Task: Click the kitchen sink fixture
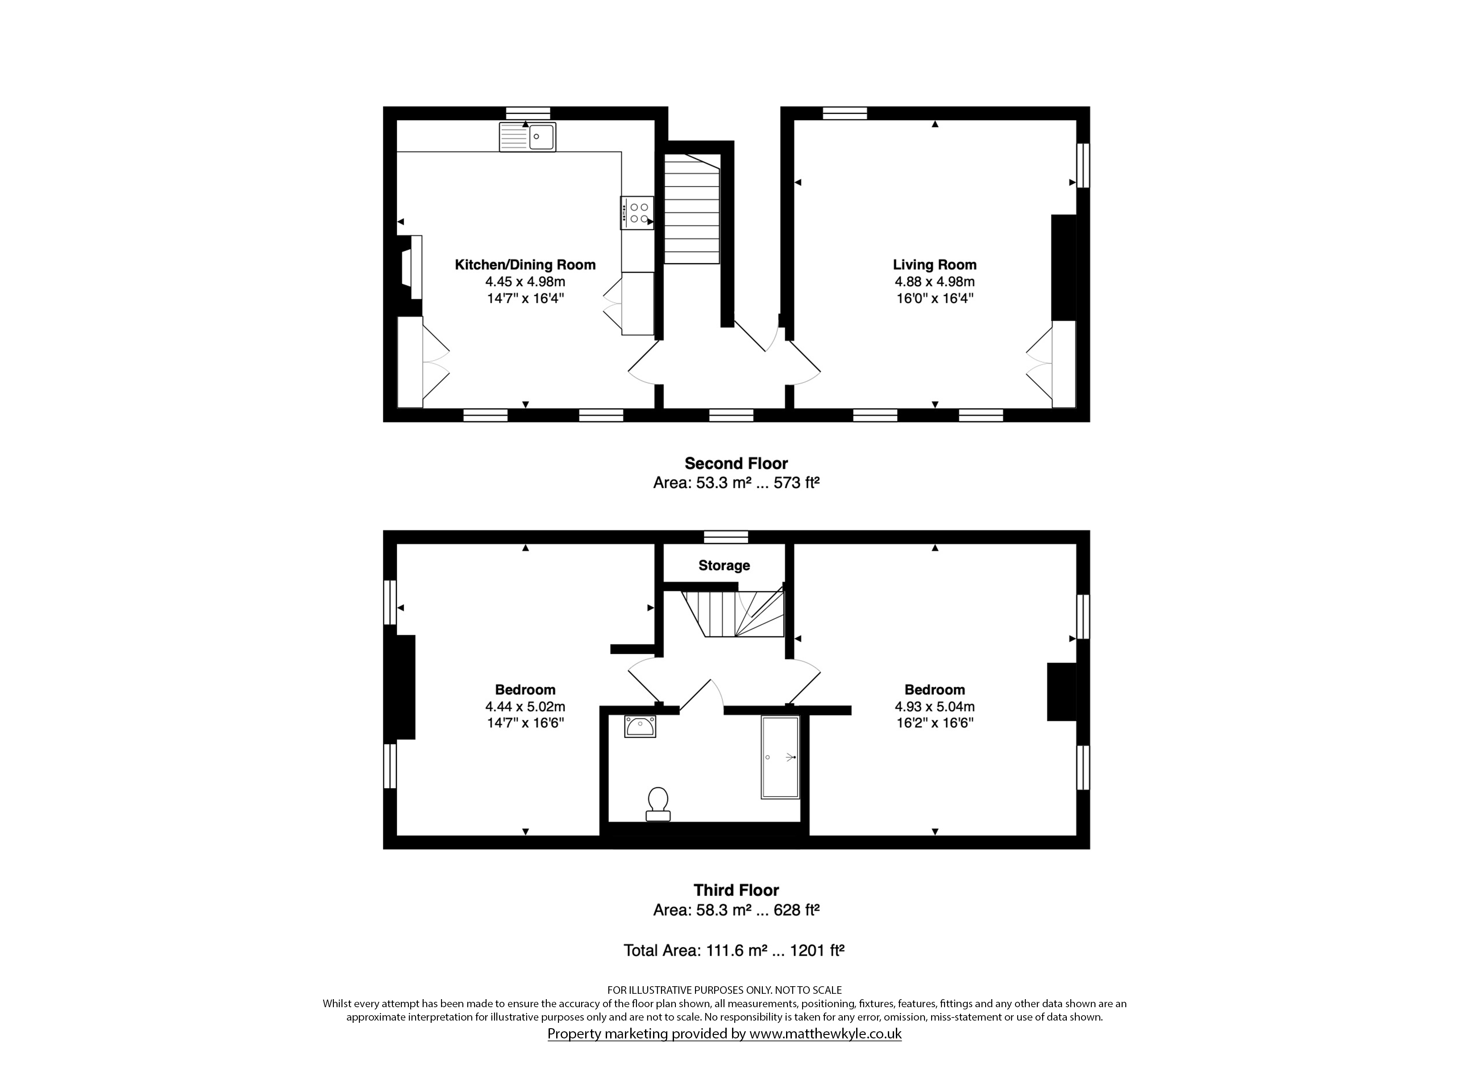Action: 527,137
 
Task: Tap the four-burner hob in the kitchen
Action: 637,213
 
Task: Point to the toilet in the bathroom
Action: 658,804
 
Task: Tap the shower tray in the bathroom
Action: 780,757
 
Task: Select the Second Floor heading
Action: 736,463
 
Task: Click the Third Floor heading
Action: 736,890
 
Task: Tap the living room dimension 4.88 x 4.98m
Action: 935,282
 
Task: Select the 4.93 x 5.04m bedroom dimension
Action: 935,707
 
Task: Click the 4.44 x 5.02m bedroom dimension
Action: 525,707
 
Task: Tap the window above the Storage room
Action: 726,536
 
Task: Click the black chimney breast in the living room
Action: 1064,268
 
